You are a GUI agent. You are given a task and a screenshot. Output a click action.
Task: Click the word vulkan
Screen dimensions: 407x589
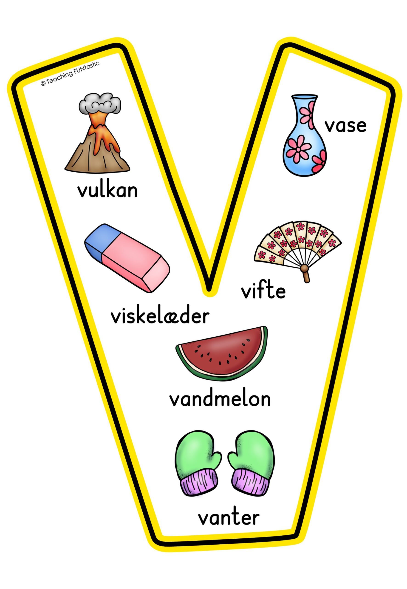coord(107,191)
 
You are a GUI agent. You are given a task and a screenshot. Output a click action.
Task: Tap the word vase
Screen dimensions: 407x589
coord(345,126)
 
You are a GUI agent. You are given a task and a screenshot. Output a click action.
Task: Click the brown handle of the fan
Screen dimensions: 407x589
coord(305,274)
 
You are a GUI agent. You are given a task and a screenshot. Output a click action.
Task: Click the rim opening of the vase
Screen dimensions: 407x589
coord(305,97)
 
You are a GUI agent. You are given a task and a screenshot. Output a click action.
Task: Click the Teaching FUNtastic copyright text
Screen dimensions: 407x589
coord(70,74)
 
